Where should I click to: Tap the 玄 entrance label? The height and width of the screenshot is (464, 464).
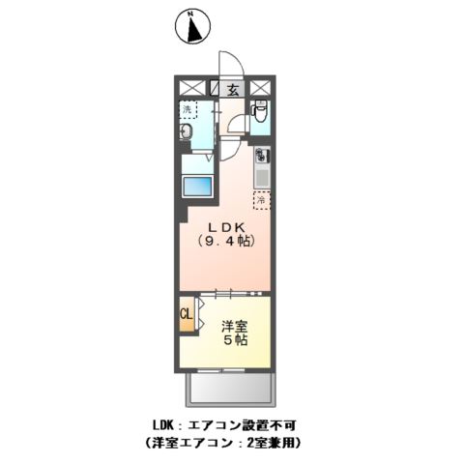[233, 90]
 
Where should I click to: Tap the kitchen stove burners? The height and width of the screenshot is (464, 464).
[261, 154]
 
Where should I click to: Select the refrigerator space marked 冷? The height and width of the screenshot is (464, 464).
[261, 200]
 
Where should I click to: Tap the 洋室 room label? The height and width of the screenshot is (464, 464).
[235, 326]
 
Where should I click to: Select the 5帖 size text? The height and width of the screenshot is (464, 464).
[235, 342]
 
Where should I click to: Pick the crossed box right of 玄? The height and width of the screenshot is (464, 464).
[260, 87]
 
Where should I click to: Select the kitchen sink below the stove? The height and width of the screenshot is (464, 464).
[261, 176]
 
